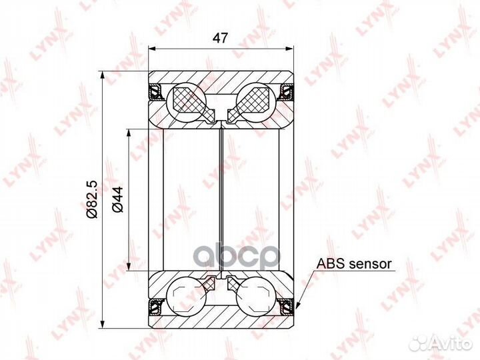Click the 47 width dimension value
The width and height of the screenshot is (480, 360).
[221, 38]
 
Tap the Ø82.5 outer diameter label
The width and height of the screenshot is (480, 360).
[92, 199]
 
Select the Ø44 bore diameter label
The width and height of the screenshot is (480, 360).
[117, 199]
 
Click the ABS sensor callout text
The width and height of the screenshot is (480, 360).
[354, 263]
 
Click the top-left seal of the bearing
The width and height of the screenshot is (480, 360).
[157, 91]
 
